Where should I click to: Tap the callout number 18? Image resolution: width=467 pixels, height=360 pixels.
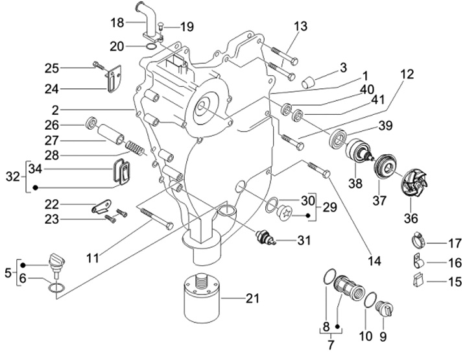click(117, 23)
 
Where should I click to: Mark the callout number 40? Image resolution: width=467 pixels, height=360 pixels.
click(368, 90)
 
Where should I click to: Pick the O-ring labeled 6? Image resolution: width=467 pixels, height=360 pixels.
click(56, 287)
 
